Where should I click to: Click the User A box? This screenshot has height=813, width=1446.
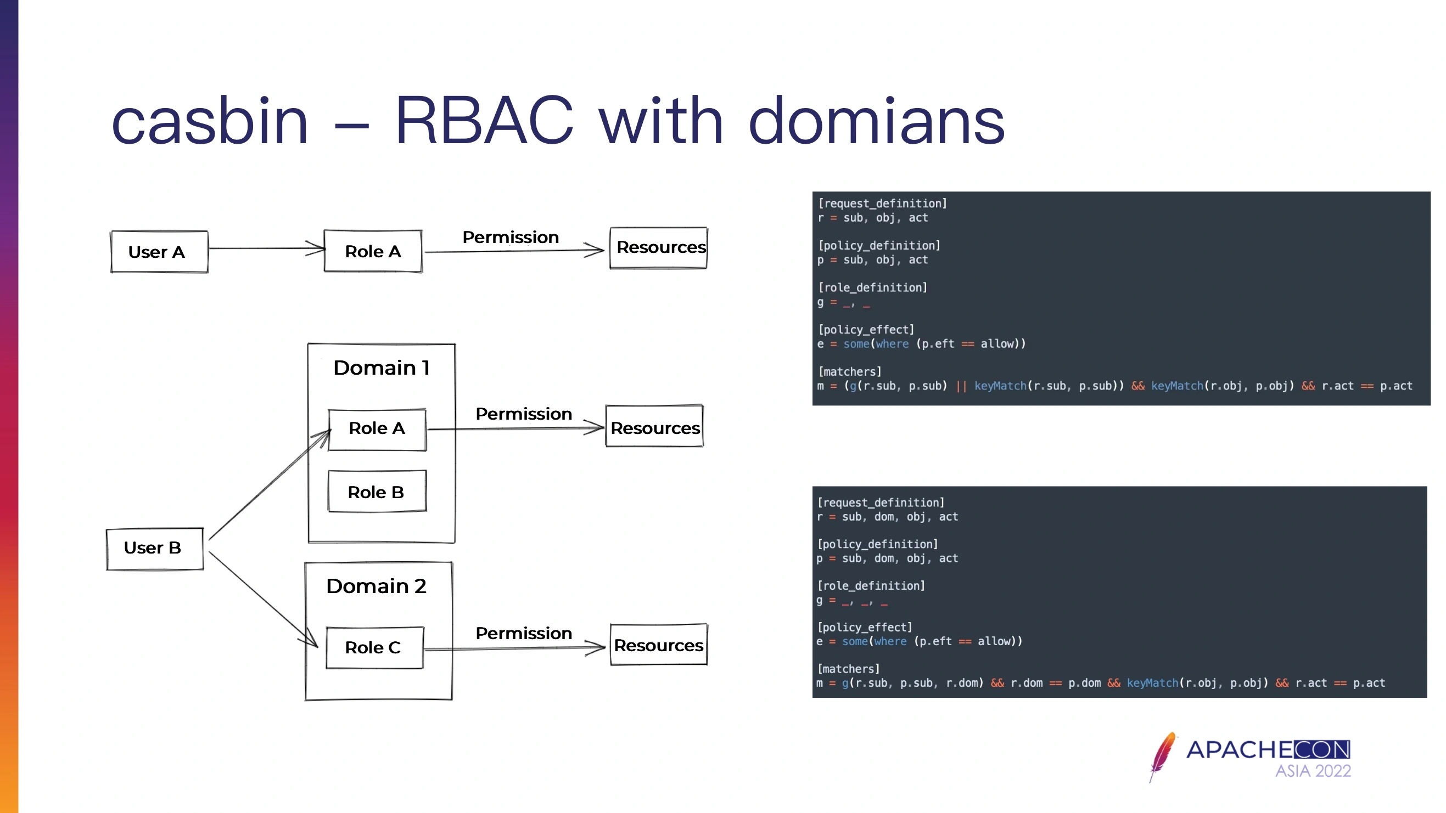pos(159,251)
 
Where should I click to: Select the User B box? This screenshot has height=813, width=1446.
pos(155,549)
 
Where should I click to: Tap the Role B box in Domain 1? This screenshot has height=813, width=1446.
pos(377,492)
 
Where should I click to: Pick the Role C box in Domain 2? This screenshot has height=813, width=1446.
pos(374,647)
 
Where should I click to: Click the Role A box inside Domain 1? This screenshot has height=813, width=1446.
pos(377,429)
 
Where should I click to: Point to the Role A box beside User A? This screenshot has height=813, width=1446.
pos(373,251)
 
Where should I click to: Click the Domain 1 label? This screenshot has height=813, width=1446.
pos(381,368)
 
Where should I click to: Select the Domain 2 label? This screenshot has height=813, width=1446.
pos(376,586)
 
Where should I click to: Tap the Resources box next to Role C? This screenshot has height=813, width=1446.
pos(658,645)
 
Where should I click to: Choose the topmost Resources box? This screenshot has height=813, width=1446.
pos(658,248)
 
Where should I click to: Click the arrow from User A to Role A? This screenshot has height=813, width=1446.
pos(267,248)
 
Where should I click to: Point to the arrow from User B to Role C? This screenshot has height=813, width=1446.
pos(264,599)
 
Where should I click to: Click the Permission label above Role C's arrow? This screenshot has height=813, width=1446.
pos(524,633)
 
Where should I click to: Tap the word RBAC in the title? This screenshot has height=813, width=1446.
pos(484,121)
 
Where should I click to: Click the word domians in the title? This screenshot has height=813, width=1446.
pos(876,121)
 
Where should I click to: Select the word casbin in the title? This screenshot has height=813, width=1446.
pos(210,121)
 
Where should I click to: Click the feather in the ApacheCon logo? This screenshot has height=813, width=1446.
pos(1163,756)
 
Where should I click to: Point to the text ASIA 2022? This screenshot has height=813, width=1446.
pos(1313,771)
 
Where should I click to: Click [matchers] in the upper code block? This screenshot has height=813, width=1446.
pos(850,371)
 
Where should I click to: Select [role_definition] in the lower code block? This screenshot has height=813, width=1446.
pos(871,586)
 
